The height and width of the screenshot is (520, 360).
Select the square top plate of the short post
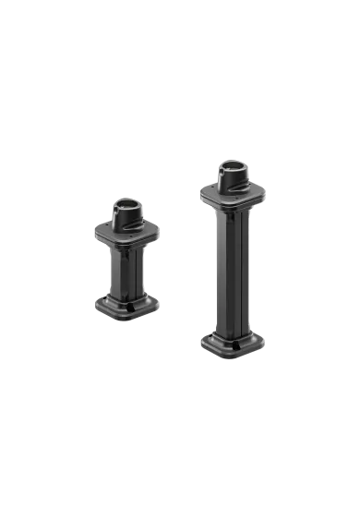point(126,234)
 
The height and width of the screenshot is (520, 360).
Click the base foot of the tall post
point(232,345)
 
